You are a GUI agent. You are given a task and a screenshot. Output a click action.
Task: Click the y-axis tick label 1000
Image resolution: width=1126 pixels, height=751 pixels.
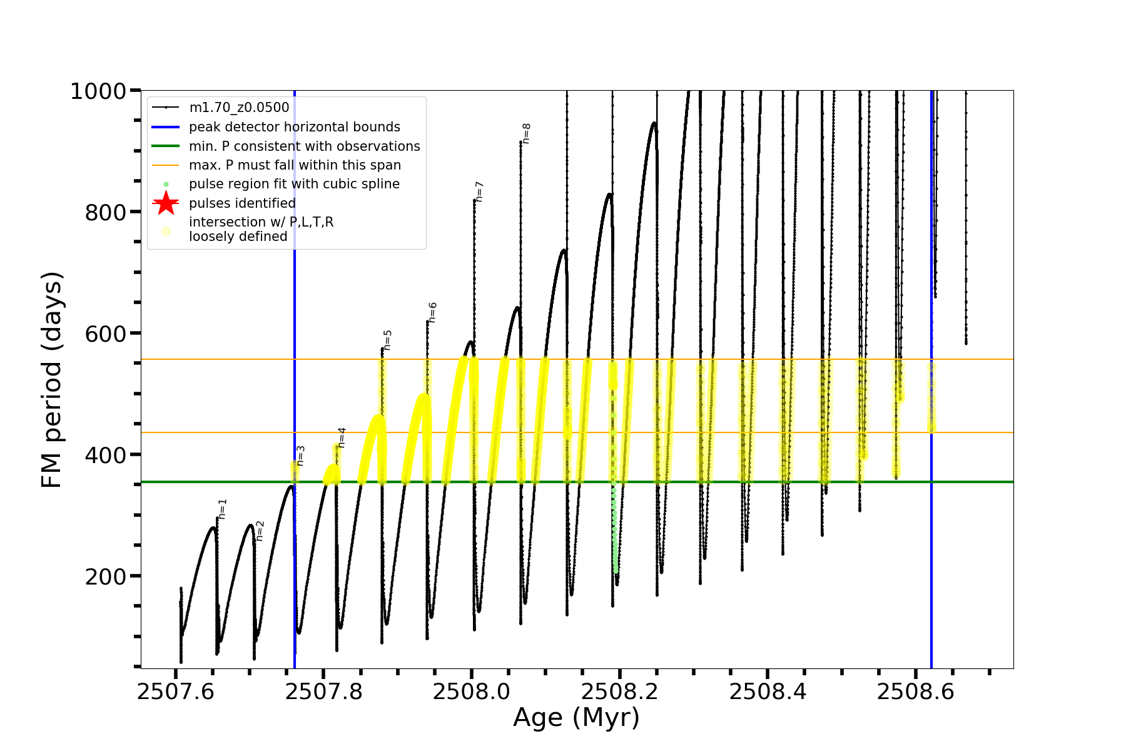[98, 91]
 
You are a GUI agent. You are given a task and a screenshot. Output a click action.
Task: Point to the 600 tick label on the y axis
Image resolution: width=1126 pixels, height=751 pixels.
[106, 334]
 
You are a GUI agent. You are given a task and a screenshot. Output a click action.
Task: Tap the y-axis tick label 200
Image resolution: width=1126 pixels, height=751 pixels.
[106, 576]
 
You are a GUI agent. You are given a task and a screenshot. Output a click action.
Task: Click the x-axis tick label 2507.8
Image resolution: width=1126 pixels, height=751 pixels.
[323, 692]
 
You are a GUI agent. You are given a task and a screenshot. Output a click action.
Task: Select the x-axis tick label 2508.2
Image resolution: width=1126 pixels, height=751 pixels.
[619, 692]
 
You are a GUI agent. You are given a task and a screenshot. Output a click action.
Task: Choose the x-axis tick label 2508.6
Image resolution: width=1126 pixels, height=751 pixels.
[915, 692]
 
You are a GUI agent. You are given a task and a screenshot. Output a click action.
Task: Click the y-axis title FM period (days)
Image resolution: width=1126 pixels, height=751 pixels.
[52, 380]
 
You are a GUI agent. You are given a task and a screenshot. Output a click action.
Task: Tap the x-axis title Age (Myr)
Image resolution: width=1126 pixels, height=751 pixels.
[576, 718]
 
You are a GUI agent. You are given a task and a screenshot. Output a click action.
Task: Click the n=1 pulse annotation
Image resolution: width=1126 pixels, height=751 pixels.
[223, 509]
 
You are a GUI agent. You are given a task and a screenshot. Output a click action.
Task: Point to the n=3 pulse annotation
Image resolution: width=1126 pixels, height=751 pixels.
[300, 456]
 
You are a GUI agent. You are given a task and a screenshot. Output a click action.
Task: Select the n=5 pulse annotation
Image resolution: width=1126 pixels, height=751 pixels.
[387, 340]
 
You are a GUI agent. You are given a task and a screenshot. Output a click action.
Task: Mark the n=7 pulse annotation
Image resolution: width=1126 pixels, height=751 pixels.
[479, 191]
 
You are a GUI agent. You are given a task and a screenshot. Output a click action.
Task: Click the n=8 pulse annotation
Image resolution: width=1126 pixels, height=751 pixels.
[526, 133]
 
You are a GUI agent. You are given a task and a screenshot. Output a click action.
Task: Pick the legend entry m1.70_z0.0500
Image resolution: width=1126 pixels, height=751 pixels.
[239, 108]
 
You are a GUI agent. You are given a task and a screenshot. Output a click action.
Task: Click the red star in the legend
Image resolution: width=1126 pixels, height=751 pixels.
[166, 203]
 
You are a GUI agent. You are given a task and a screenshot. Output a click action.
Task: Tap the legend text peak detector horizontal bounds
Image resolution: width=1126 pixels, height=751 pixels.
[294, 127]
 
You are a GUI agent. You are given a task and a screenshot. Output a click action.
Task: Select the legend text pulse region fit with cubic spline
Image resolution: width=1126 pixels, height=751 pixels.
[294, 184]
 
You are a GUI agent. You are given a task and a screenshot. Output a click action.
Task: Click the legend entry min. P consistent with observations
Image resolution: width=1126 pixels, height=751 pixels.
[304, 146]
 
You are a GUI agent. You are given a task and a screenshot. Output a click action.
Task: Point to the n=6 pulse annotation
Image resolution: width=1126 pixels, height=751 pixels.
[433, 312]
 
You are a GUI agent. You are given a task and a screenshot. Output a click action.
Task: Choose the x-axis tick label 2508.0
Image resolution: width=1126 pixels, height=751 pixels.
[472, 692]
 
